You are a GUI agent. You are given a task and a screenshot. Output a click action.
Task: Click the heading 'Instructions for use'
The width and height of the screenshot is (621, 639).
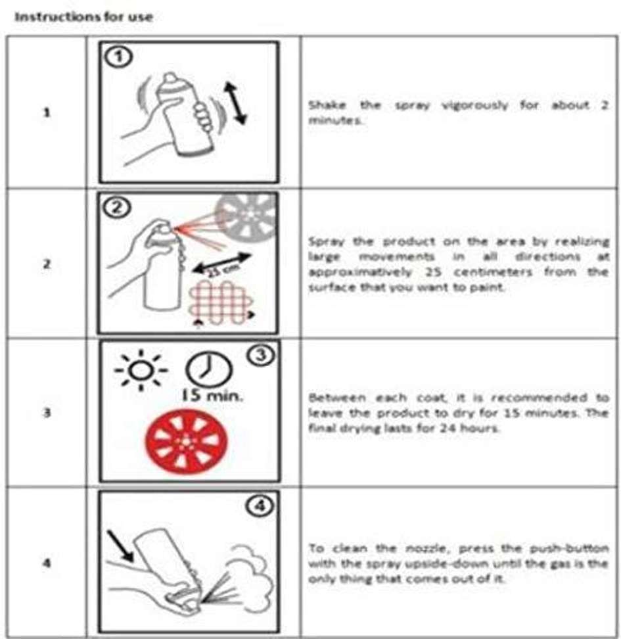(83, 16)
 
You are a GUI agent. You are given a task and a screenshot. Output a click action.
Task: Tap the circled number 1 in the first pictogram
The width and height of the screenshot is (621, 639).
(118, 57)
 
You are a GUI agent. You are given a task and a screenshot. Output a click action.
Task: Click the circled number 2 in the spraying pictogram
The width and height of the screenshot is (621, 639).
(117, 208)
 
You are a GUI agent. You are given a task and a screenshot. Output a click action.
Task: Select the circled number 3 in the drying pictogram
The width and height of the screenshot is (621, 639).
(261, 355)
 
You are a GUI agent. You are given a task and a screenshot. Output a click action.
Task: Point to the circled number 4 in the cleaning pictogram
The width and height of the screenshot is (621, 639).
(260, 506)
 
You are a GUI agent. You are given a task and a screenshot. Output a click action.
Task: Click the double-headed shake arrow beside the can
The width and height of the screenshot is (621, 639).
(235, 103)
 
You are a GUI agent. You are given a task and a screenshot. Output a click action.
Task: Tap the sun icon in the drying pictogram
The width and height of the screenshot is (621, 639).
(141, 370)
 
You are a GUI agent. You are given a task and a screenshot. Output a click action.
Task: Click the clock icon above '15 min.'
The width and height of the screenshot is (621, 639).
(208, 369)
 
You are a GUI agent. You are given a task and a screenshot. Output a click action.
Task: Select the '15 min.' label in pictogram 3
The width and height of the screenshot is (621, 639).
(212, 395)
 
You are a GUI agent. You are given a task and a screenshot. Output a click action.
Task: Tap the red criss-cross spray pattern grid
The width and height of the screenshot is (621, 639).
(220, 304)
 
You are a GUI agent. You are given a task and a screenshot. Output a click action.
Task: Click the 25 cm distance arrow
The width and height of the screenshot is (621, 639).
(222, 264)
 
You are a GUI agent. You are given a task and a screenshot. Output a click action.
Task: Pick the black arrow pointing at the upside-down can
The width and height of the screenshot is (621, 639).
(120, 546)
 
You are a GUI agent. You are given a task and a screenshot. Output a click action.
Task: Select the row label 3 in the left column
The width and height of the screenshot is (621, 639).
(47, 413)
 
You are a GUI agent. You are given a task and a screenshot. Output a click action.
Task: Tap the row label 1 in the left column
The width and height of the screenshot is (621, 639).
(47, 112)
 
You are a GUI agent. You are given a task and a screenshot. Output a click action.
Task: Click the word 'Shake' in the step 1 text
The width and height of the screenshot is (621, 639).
(327, 105)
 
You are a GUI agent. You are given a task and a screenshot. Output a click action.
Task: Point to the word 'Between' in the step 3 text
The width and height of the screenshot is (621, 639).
(337, 397)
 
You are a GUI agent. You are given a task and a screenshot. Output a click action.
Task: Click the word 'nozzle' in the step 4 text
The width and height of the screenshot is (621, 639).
(428, 548)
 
